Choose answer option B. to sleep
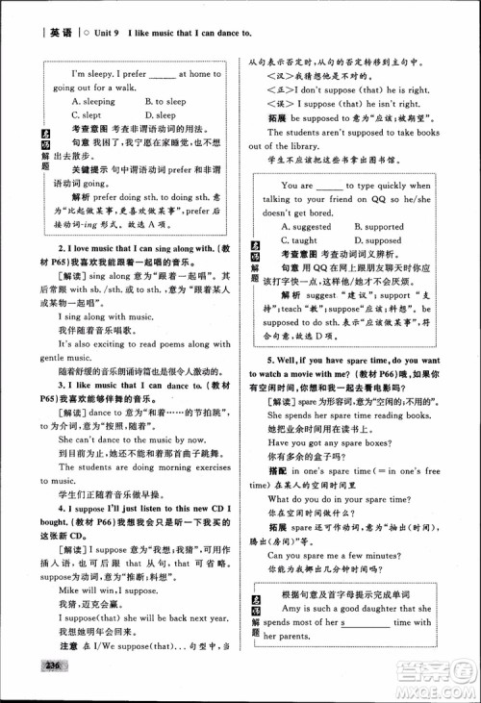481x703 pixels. click(x=165, y=100)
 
